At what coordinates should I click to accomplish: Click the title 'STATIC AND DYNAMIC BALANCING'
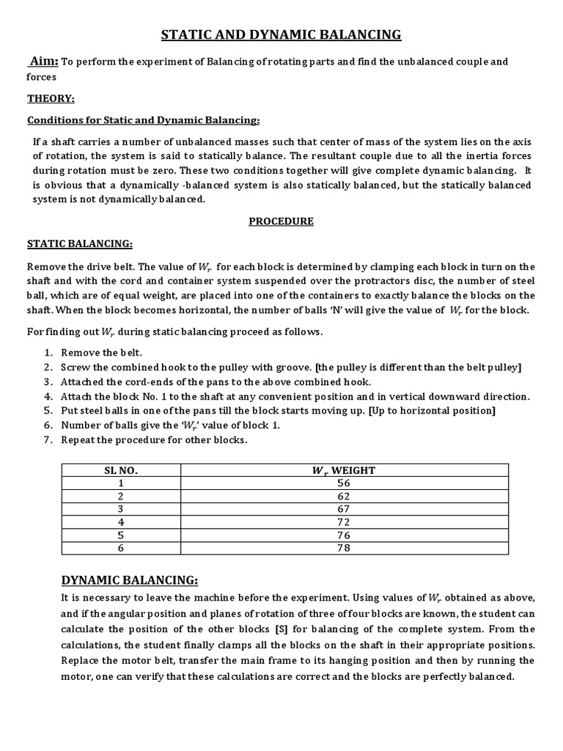(281, 34)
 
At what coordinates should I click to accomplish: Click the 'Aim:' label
(43, 62)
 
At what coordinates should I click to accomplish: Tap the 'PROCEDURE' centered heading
(281, 221)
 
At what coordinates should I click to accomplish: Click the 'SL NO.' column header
(120, 470)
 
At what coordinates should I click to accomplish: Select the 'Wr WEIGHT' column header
(344, 470)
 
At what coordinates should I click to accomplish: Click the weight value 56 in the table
(344, 483)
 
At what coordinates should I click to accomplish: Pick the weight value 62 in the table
(344, 496)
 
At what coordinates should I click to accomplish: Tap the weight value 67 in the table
(344, 509)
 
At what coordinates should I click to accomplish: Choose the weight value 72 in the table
(344, 522)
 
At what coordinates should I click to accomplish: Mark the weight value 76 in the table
(344, 535)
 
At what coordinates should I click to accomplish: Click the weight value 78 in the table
(344, 548)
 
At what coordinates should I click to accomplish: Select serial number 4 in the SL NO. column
(120, 522)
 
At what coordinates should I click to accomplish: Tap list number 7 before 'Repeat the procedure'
(48, 440)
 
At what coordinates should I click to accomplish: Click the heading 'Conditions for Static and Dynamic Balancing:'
(144, 120)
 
